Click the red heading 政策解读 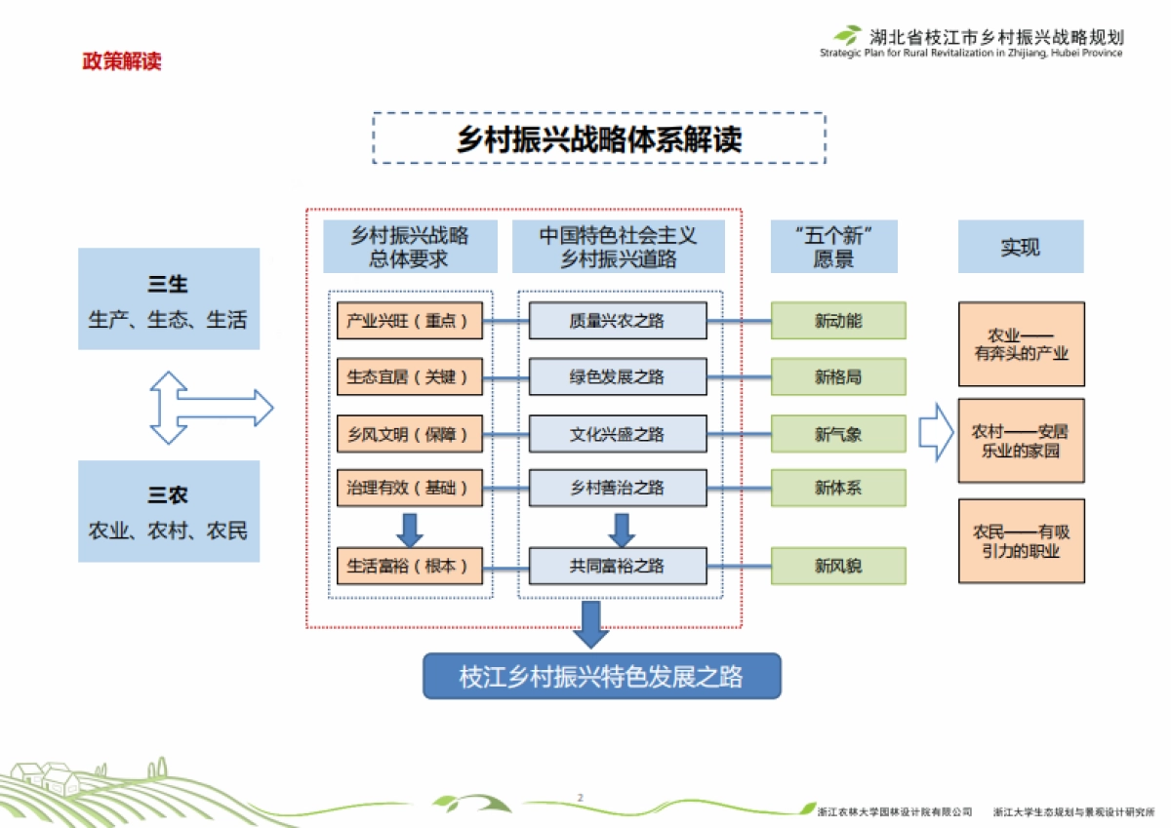[x=121, y=61]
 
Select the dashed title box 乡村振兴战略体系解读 [x=598, y=138]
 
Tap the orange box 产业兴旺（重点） [x=410, y=321]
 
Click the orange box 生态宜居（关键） [x=410, y=376]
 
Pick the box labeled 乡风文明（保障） [x=410, y=433]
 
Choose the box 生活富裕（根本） [x=410, y=566]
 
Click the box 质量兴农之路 [x=617, y=321]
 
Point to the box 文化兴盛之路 [x=617, y=433]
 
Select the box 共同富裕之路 [x=617, y=566]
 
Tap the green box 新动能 [x=838, y=321]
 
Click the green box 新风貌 [x=838, y=566]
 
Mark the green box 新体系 [x=838, y=488]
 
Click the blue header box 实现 [x=1020, y=247]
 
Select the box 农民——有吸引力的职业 [x=1021, y=541]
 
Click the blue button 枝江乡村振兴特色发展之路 [x=601, y=676]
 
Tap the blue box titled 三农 [x=169, y=511]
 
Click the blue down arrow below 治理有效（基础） [x=409, y=529]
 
